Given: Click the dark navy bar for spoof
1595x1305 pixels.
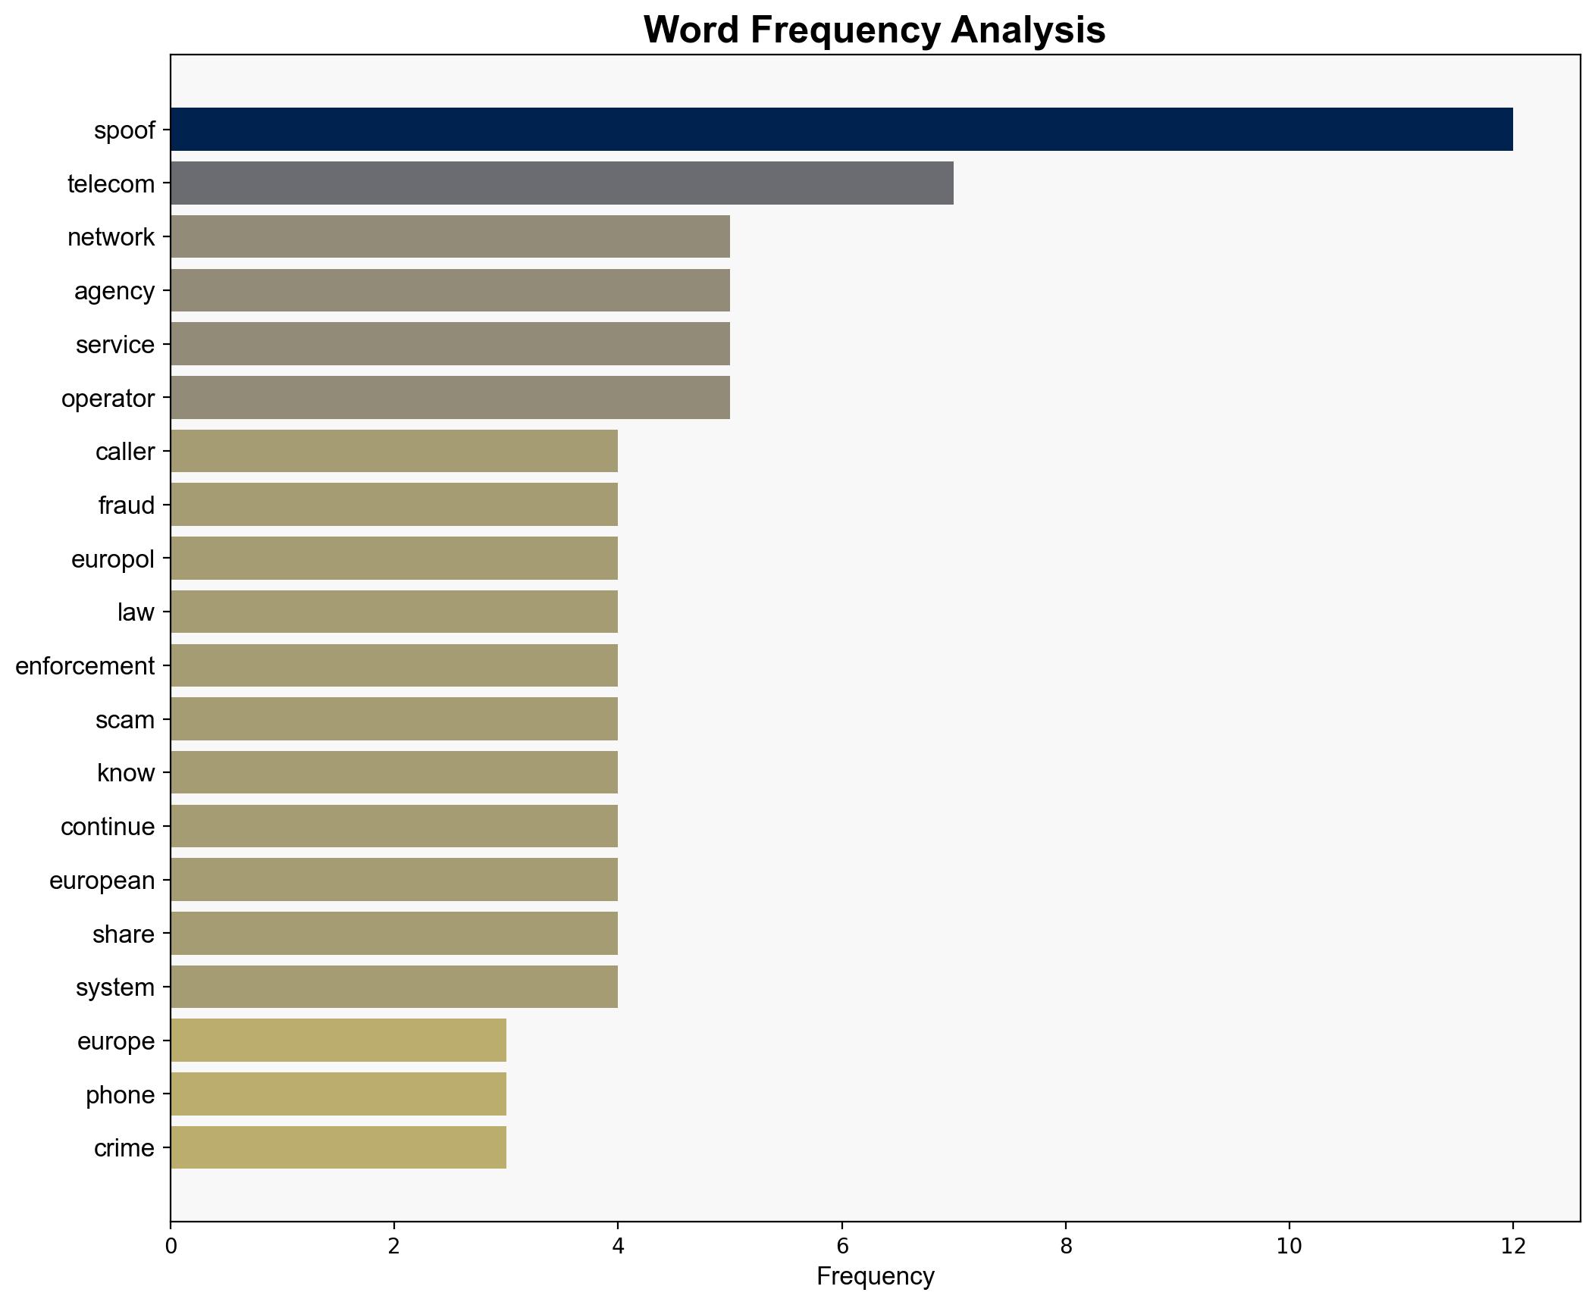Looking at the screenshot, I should tap(841, 130).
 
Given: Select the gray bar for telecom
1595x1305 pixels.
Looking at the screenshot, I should tap(562, 183).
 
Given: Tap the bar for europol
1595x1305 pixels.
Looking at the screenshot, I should tap(394, 559).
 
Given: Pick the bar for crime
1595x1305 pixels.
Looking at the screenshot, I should tap(338, 1147).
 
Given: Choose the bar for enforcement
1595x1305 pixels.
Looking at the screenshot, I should tap(394, 665).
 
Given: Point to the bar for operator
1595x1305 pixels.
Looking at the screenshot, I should tap(450, 398).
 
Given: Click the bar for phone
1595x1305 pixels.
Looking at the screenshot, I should tap(338, 1094).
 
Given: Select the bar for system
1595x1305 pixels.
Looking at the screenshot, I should tap(394, 987).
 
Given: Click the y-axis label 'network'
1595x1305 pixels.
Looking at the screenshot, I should tap(111, 237).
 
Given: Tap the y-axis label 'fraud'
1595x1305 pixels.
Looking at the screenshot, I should tap(126, 505).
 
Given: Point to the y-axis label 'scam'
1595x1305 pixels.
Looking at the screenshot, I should tap(124, 719).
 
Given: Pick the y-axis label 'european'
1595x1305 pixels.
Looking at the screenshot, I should tap(102, 881).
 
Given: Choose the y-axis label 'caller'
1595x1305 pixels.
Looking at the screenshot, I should tap(124, 452).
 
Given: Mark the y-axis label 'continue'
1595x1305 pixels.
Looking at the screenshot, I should tap(107, 827).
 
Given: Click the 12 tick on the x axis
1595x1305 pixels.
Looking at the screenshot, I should tap(1512, 1246).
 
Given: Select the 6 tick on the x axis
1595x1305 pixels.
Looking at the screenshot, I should tap(841, 1246).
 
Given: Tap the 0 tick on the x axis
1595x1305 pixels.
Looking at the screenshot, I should tap(171, 1246).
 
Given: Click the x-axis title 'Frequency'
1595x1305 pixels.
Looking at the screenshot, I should tap(875, 1277).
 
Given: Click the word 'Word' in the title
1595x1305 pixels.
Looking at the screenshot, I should tap(691, 30).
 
